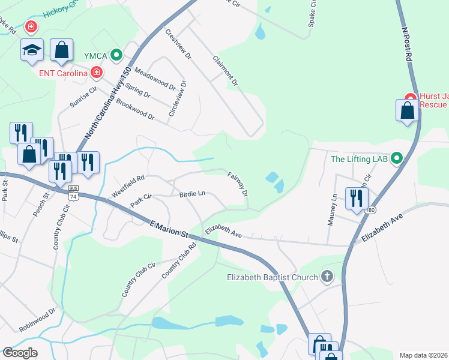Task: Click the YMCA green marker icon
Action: [117, 56]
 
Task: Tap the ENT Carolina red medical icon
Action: [96, 73]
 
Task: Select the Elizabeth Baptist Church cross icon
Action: [327, 277]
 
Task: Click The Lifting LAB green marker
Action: [396, 159]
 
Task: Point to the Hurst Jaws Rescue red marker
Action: [411, 98]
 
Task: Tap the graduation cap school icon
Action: [32, 50]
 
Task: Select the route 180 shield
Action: [372, 209]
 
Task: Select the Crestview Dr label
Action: [178, 44]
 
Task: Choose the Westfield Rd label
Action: [128, 186]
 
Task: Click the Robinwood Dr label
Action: [37, 320]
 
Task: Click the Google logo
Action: [20, 353]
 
